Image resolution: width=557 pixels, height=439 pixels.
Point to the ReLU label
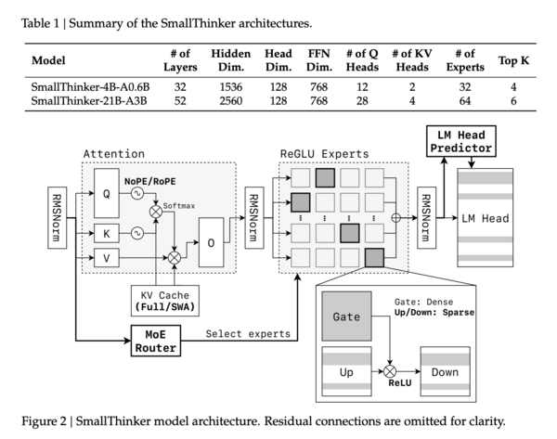pos(399,381)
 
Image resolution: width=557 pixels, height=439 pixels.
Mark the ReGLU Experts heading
pos(326,153)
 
